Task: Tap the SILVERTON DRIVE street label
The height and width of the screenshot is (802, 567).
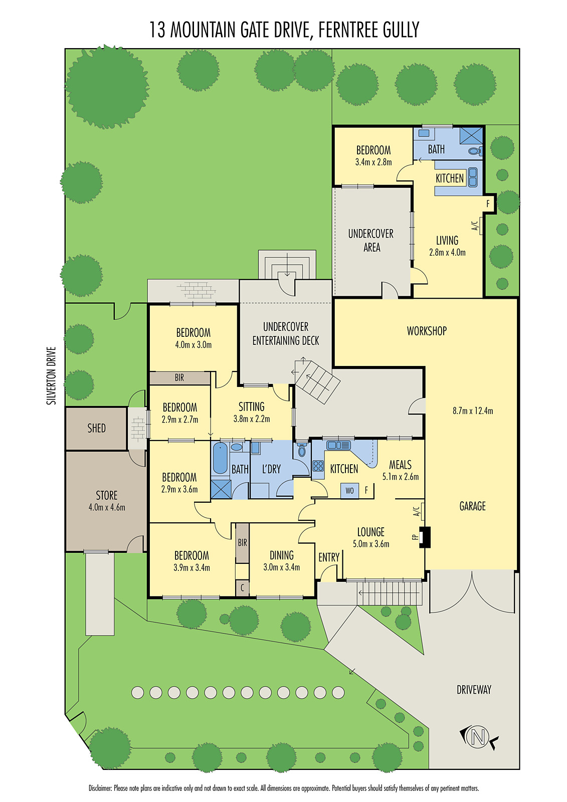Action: coord(52,376)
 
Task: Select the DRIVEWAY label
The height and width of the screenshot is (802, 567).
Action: coord(474,690)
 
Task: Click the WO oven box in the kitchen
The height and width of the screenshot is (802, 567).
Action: coord(349,491)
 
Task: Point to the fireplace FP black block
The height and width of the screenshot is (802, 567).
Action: coord(425,537)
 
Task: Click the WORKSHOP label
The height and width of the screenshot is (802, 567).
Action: coord(427,331)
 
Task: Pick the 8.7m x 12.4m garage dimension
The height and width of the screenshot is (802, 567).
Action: coord(473,411)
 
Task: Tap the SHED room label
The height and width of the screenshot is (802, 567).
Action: coord(96,428)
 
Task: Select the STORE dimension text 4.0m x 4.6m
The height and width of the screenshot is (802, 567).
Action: coord(107,507)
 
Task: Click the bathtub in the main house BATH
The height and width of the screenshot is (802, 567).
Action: coord(220,458)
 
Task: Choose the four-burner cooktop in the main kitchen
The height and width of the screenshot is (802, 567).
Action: coord(318,466)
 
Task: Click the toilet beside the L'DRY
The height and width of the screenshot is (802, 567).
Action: coord(302,450)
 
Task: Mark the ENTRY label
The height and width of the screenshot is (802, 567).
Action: coord(329,557)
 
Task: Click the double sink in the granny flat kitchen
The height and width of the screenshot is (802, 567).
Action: coord(473,177)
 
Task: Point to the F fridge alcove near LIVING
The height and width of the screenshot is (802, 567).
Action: coord(488,204)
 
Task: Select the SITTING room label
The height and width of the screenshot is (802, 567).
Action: coord(252,407)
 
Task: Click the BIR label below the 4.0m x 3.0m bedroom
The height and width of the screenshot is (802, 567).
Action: coord(179,377)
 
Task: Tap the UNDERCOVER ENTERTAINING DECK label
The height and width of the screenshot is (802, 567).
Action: coord(285,333)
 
